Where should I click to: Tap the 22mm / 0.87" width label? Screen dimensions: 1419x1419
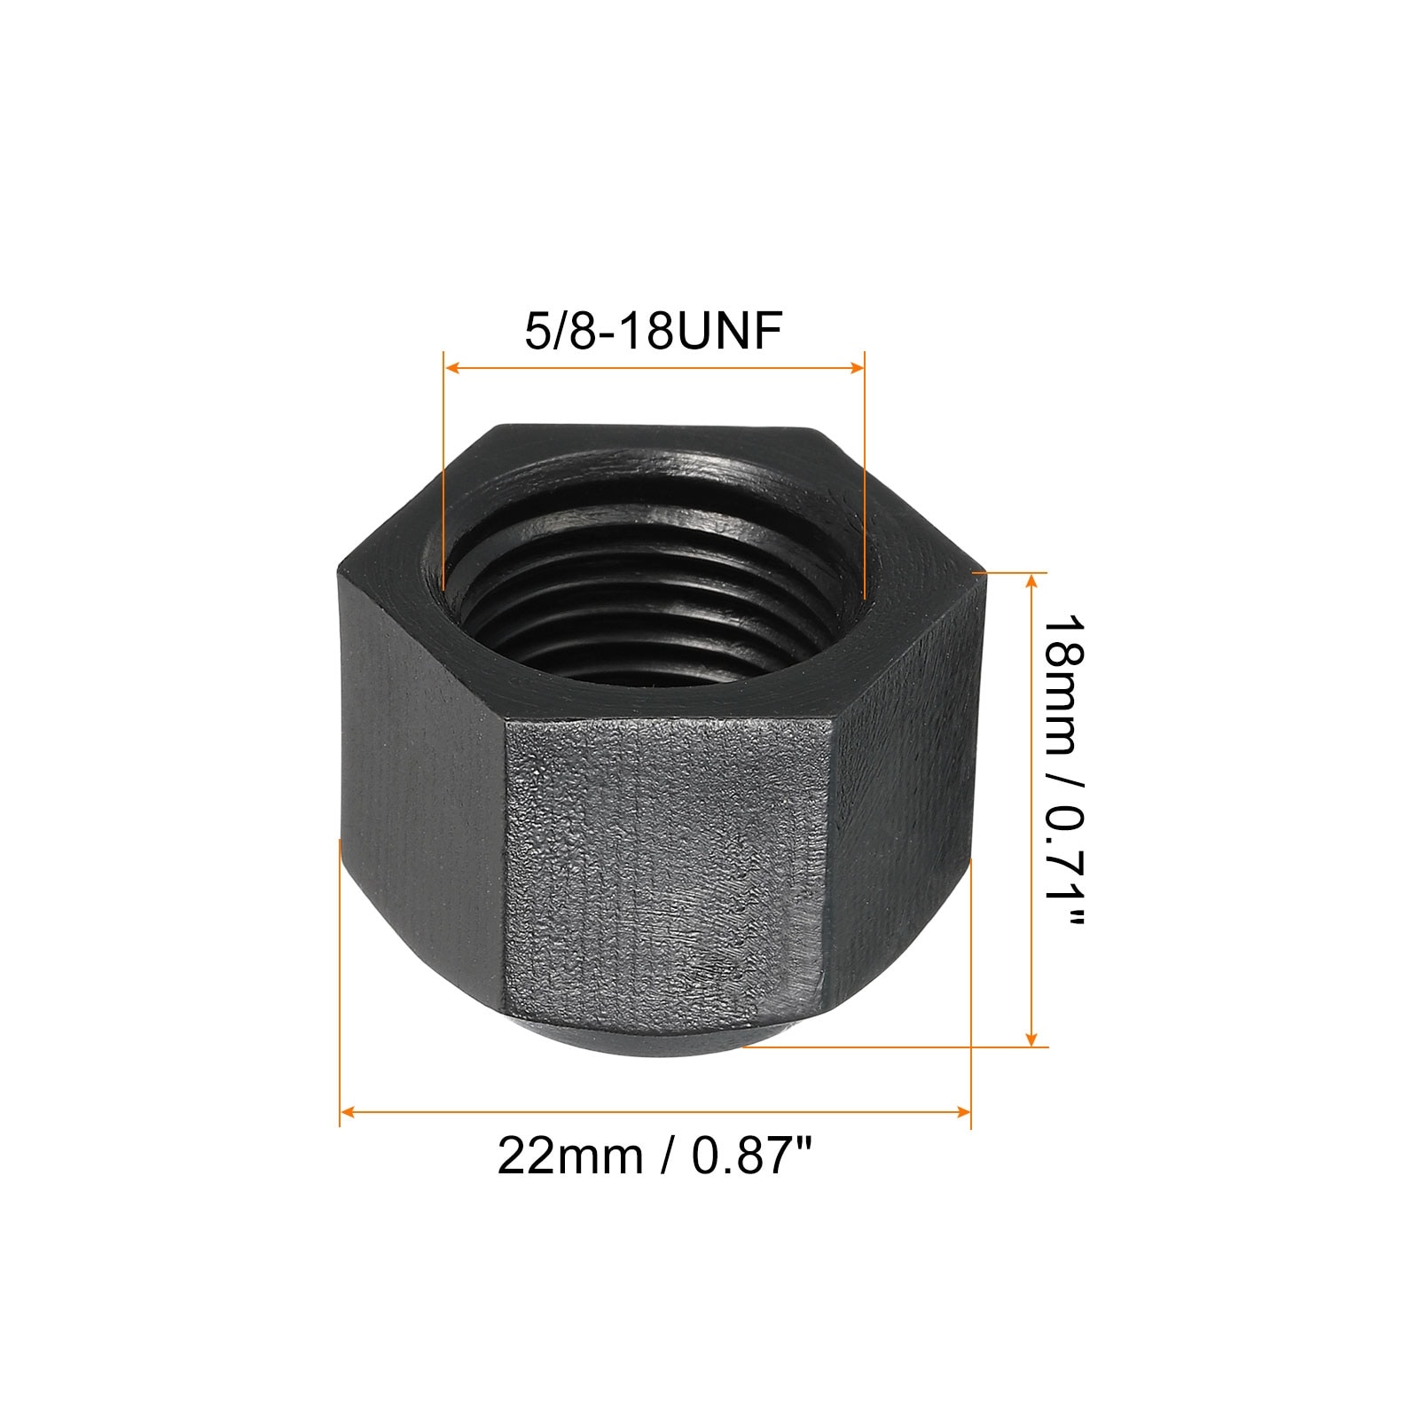pyautogui.click(x=655, y=1156)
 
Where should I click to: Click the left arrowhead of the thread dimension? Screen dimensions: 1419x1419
pyautogui.click(x=451, y=367)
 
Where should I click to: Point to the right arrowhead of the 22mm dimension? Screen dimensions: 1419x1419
pyautogui.click(x=962, y=1110)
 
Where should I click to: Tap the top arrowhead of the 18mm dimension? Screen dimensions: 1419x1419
pyautogui.click(x=1031, y=582)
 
